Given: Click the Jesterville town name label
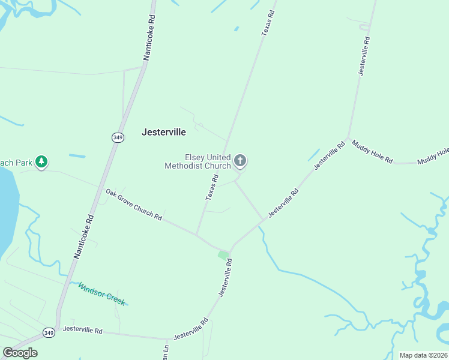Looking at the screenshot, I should click(163, 132).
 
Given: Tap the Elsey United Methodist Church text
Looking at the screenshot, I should click(198, 161).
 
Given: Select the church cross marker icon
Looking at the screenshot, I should click(240, 160).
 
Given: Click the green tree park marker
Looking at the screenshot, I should click(41, 161).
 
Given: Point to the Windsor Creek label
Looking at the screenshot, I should click(101, 293).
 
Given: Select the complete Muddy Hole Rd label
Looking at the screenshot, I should click(372, 152).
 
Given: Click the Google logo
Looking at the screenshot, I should click(20, 353).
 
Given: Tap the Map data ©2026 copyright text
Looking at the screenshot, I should click(423, 355).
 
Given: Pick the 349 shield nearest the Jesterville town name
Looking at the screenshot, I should click(118, 138).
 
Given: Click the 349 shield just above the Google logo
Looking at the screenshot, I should click(49, 332).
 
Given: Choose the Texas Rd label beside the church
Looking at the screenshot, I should click(211, 188).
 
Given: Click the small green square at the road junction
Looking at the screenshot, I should click(223, 255).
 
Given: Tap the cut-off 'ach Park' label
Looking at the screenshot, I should click(14, 162).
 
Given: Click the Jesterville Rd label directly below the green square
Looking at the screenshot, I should click(225, 277).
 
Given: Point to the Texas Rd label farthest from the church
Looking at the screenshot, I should click(268, 23).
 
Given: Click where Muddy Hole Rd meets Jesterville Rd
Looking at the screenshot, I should click(349, 138).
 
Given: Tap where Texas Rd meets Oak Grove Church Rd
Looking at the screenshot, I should click(197, 235).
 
